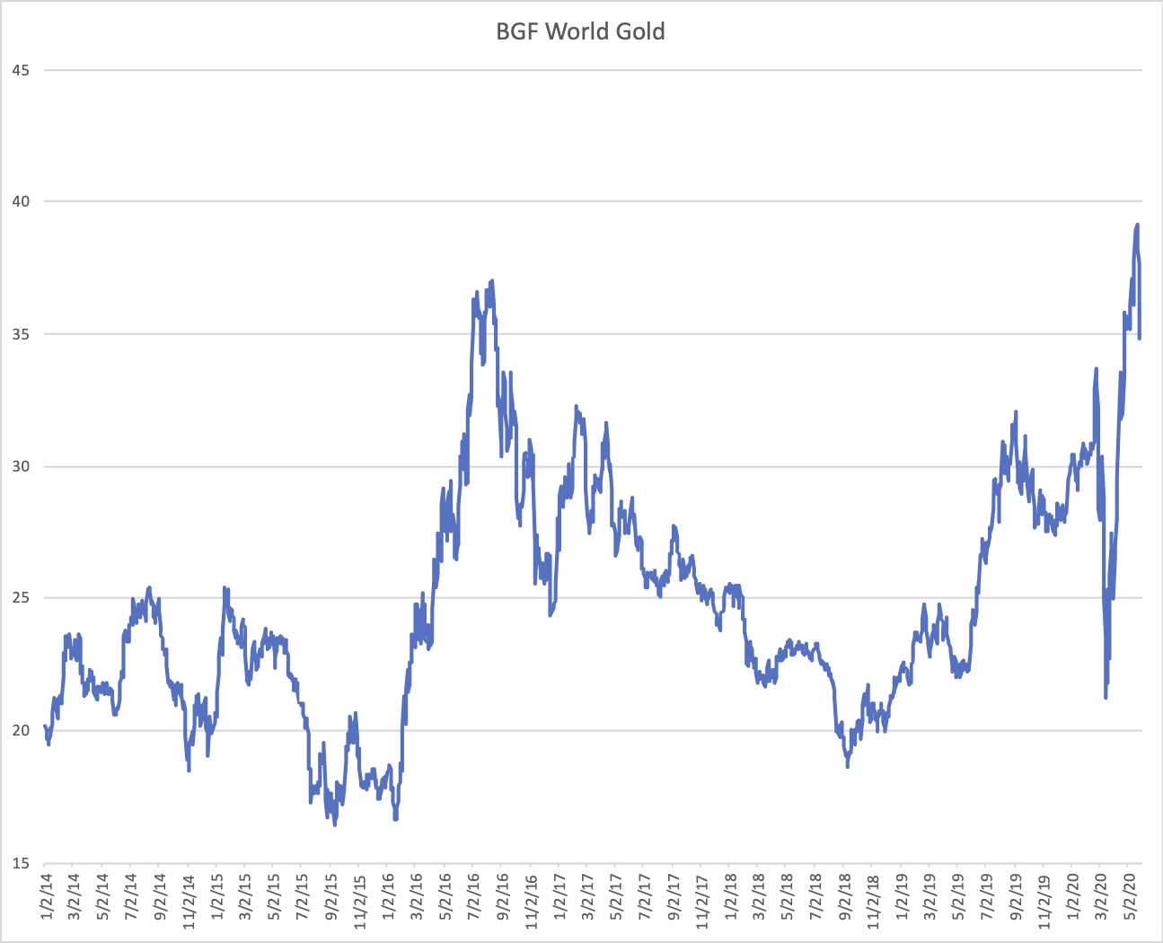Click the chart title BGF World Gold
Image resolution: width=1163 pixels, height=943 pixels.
pos(580,32)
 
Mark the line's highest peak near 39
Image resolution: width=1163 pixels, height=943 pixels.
pos(1137,225)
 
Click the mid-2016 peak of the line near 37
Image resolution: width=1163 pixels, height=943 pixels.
pos(492,281)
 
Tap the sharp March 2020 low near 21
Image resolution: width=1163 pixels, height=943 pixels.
pos(1106,697)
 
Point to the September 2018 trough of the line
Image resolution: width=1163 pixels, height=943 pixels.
pos(847,766)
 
